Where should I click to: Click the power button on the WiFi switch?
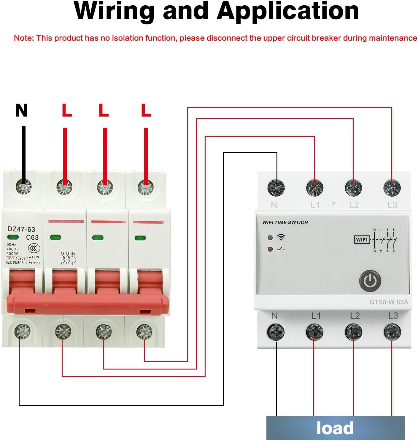pos(370,281)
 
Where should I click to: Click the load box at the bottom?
pos(335,428)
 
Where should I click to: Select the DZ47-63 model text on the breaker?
pos(21,229)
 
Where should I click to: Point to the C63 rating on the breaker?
pos(32,237)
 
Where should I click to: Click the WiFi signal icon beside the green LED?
pos(281,237)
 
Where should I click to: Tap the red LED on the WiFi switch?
pos(270,249)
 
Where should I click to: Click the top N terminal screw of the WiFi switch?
pos(276,188)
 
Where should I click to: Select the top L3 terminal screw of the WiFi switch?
pos(392,188)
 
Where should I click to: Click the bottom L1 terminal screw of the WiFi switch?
pos(314,332)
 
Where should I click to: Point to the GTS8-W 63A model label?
pos(389,302)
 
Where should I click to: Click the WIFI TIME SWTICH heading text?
pos(285,222)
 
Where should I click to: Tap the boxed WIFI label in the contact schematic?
pos(362,240)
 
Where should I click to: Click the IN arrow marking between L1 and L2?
pos(334,203)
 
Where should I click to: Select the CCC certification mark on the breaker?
pos(34,248)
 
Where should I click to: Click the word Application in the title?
pos(288,11)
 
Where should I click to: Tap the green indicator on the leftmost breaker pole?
pos(13,237)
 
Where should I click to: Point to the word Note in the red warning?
pos(23,38)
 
